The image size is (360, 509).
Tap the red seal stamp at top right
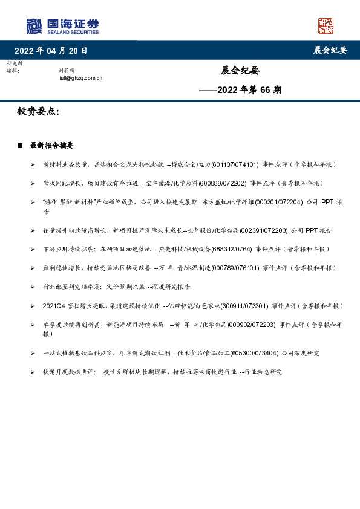click(326, 25)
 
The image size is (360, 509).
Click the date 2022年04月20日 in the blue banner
click(51, 50)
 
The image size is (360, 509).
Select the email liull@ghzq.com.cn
click(80, 78)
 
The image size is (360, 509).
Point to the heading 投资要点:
click(38, 112)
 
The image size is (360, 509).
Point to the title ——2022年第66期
click(240, 90)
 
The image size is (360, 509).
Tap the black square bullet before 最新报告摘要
click(20, 146)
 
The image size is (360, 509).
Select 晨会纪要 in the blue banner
click(330, 50)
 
